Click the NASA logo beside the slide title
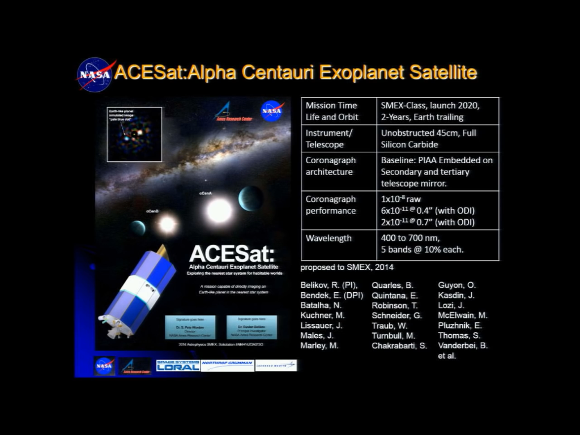[x=95, y=74]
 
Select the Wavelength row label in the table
[x=329, y=238]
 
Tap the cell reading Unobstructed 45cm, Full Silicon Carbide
[x=429, y=139]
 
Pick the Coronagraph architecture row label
[x=331, y=166]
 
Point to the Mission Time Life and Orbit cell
[x=331, y=111]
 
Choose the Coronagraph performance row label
[x=331, y=205]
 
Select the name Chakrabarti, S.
[x=399, y=346]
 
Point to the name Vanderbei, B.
[x=463, y=346]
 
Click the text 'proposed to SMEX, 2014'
[x=347, y=267]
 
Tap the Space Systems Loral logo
[x=178, y=365]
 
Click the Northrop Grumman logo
[x=227, y=365]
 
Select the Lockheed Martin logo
[x=276, y=365]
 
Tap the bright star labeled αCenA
[x=219, y=211]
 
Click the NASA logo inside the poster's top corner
[x=272, y=110]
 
